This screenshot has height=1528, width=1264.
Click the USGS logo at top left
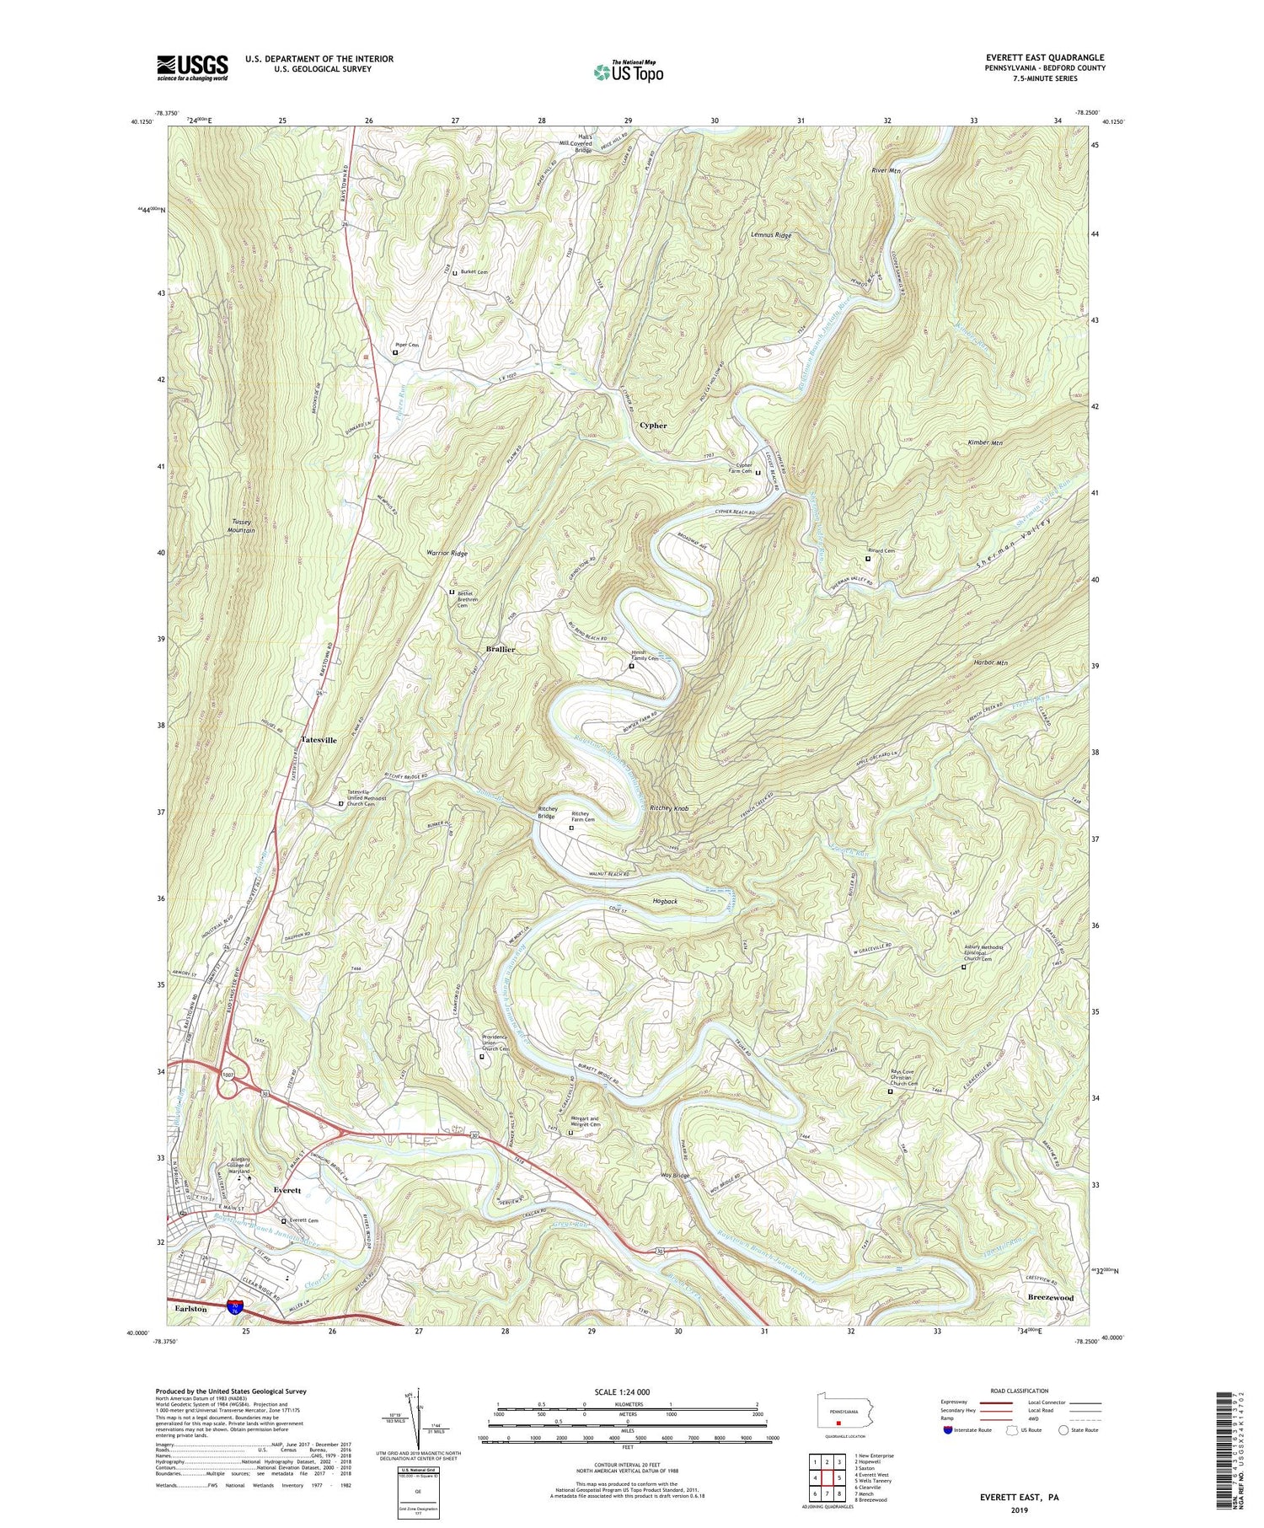(x=192, y=67)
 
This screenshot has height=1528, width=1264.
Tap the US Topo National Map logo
(x=628, y=72)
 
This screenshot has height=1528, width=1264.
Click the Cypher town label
(x=653, y=426)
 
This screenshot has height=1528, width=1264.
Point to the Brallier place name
(x=501, y=650)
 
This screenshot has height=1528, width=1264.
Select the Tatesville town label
(x=319, y=740)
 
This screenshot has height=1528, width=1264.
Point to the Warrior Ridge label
(x=447, y=554)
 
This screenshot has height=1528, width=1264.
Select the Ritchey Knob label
(x=670, y=808)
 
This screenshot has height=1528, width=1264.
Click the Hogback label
(x=665, y=902)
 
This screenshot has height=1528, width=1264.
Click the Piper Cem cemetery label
(x=407, y=345)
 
